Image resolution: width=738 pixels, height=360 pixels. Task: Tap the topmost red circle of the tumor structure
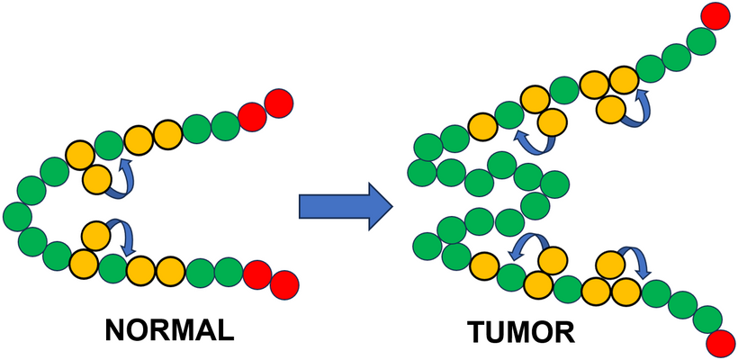click(x=715, y=16)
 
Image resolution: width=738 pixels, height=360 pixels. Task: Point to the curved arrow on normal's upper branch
click(x=121, y=178)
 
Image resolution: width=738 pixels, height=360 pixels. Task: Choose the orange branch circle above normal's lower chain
click(x=94, y=237)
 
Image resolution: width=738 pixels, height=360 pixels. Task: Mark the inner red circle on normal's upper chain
click(x=253, y=113)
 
